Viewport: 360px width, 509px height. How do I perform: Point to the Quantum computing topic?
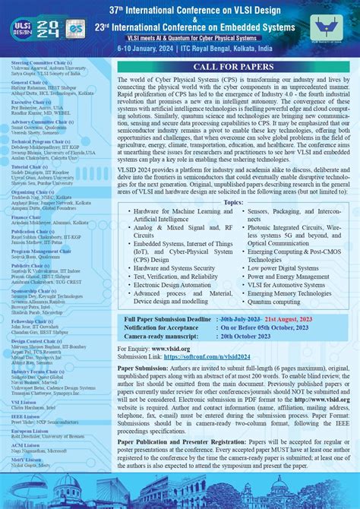tap(273, 302)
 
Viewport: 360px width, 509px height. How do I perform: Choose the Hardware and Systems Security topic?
tap(174, 267)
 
